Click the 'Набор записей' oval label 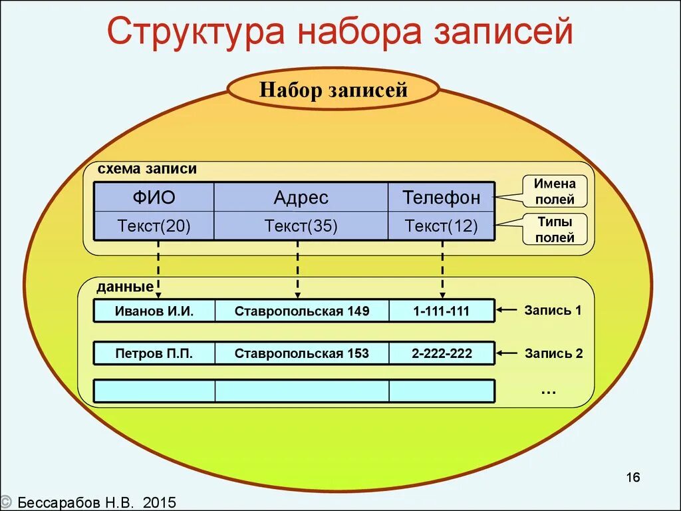(x=333, y=90)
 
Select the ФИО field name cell (x=154, y=198)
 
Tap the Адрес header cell (x=301, y=198)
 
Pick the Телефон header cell (x=441, y=198)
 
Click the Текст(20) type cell (x=154, y=226)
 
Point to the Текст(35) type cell (x=301, y=226)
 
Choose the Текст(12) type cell (x=441, y=226)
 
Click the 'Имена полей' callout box (x=555, y=191)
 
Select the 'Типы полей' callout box (x=555, y=229)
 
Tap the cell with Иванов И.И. (x=154, y=311)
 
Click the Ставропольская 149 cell (x=301, y=311)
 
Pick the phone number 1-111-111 (x=441, y=311)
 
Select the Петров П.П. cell (x=154, y=353)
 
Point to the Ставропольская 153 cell (x=301, y=353)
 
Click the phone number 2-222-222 (x=441, y=353)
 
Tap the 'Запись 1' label (x=553, y=310)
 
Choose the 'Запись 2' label (x=553, y=353)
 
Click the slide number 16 (x=632, y=477)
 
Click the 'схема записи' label (x=147, y=169)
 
